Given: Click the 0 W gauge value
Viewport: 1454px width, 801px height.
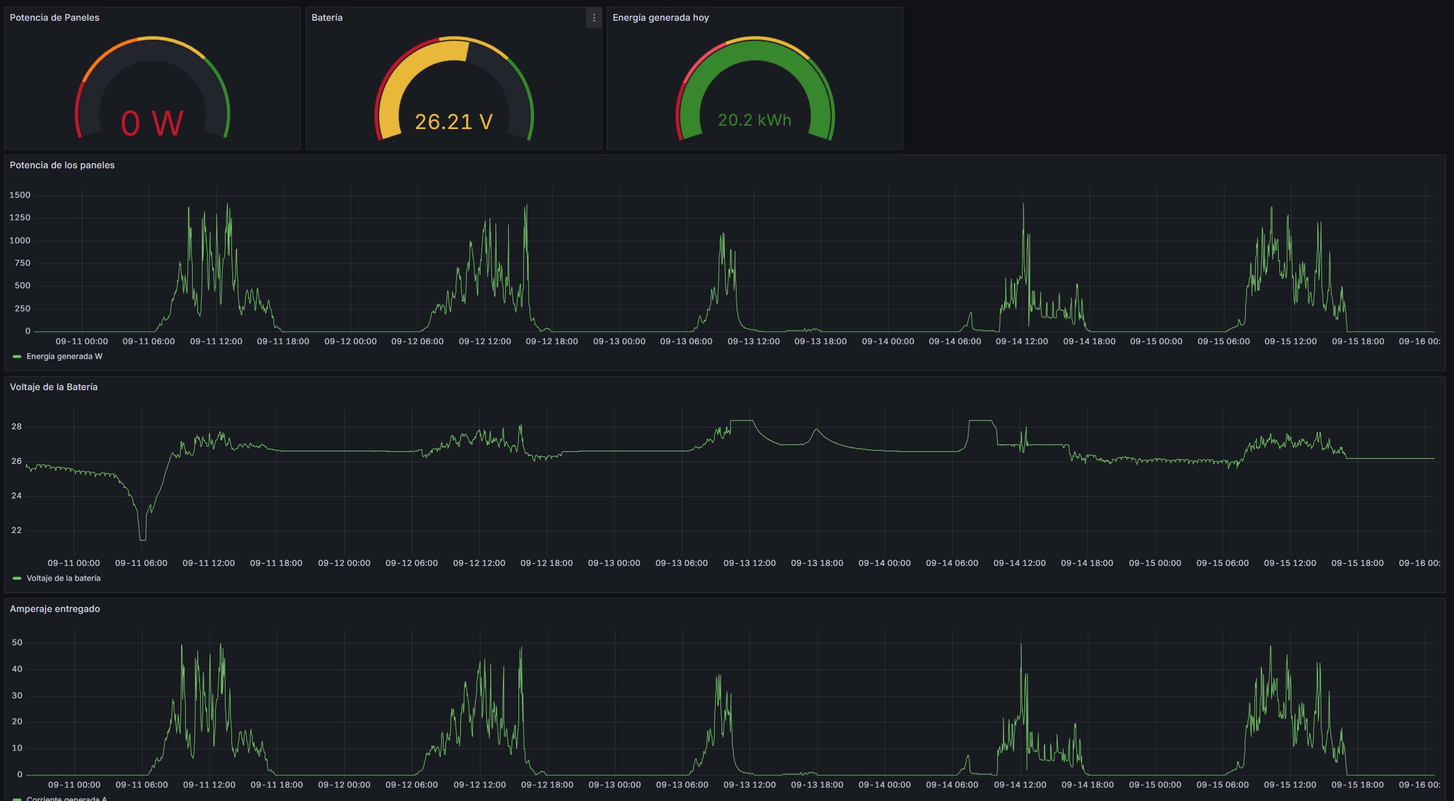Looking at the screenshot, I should (152, 123).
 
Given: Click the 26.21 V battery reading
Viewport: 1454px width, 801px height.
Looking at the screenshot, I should (453, 122).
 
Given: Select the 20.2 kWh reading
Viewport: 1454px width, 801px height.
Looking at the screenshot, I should (754, 120).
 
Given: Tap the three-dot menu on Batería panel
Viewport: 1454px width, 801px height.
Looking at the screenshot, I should (593, 18).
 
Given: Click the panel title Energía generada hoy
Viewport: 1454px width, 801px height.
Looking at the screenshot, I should (660, 18).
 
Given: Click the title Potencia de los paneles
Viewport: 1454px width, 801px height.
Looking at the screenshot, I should (62, 165).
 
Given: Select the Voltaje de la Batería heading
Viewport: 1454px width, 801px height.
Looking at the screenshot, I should (54, 387).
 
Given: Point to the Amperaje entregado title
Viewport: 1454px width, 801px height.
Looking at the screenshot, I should (55, 609).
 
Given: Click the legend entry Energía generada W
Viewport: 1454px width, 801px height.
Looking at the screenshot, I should (64, 357).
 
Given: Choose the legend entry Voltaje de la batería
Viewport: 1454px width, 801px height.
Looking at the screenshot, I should (63, 579).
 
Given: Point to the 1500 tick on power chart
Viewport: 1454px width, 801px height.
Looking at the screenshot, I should (20, 195).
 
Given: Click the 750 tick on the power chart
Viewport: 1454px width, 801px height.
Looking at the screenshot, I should (22, 263).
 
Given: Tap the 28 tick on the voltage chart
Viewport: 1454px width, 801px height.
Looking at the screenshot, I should (17, 427).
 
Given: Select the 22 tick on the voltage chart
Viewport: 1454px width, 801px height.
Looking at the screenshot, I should (17, 531).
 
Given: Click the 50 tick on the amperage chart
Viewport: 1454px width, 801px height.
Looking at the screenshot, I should (17, 643).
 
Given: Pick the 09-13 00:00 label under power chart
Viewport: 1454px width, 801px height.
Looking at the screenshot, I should (619, 342).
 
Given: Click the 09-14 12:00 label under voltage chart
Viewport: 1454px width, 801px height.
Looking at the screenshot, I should (1019, 564).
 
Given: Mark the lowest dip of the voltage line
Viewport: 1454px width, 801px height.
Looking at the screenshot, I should (142, 539).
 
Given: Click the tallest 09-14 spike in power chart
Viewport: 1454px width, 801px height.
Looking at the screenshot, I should (1023, 205).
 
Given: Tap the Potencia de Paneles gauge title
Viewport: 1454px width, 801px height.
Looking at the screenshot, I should (54, 18).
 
